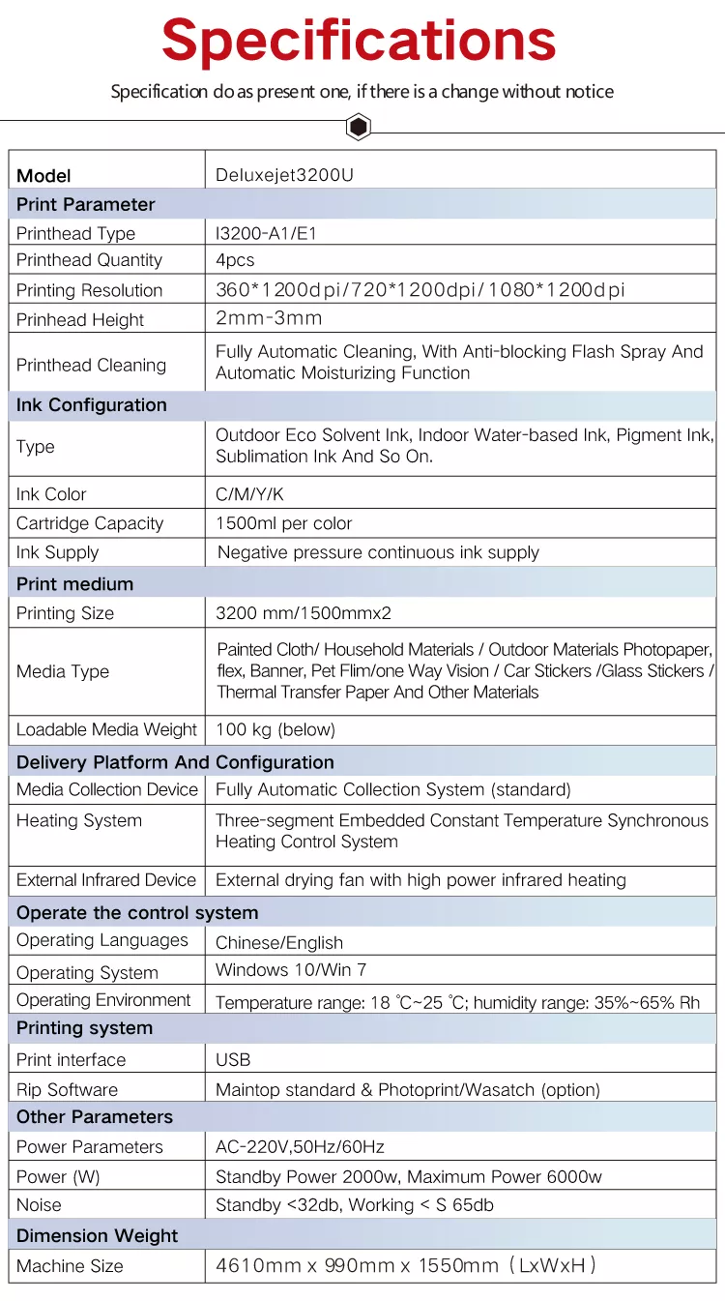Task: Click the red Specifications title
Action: click(359, 41)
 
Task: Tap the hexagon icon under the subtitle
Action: click(359, 127)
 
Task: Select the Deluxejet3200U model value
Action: click(285, 176)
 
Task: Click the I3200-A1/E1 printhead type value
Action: click(266, 233)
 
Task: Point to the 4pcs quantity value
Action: click(235, 260)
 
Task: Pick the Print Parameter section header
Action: click(86, 204)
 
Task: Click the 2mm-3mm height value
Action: click(269, 318)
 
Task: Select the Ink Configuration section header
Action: click(92, 405)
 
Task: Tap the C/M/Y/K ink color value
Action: click(249, 494)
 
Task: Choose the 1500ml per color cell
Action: click(283, 523)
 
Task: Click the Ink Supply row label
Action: click(57, 552)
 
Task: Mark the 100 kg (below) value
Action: click(275, 729)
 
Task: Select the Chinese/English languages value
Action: click(279, 943)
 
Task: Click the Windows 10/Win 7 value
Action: click(291, 970)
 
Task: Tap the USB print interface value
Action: click(233, 1060)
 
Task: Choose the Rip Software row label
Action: click(68, 1090)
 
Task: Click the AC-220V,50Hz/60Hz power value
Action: click(300, 1147)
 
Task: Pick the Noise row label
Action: click(39, 1205)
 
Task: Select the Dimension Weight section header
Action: click(98, 1236)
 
